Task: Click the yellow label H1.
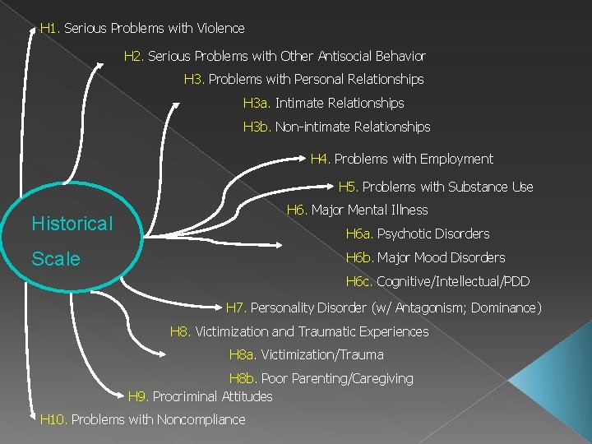[x=49, y=29]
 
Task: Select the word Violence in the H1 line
[x=220, y=29]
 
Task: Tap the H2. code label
[x=134, y=57]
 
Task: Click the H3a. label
[x=257, y=104]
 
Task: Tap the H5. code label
[x=349, y=187]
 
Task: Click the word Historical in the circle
[x=72, y=224]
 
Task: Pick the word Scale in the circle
[x=56, y=259]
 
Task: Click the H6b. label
[x=359, y=258]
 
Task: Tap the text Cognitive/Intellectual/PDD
[x=453, y=282]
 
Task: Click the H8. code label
[x=180, y=332]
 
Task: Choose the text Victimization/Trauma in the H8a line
[x=322, y=355]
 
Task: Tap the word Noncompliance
[x=201, y=420]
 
